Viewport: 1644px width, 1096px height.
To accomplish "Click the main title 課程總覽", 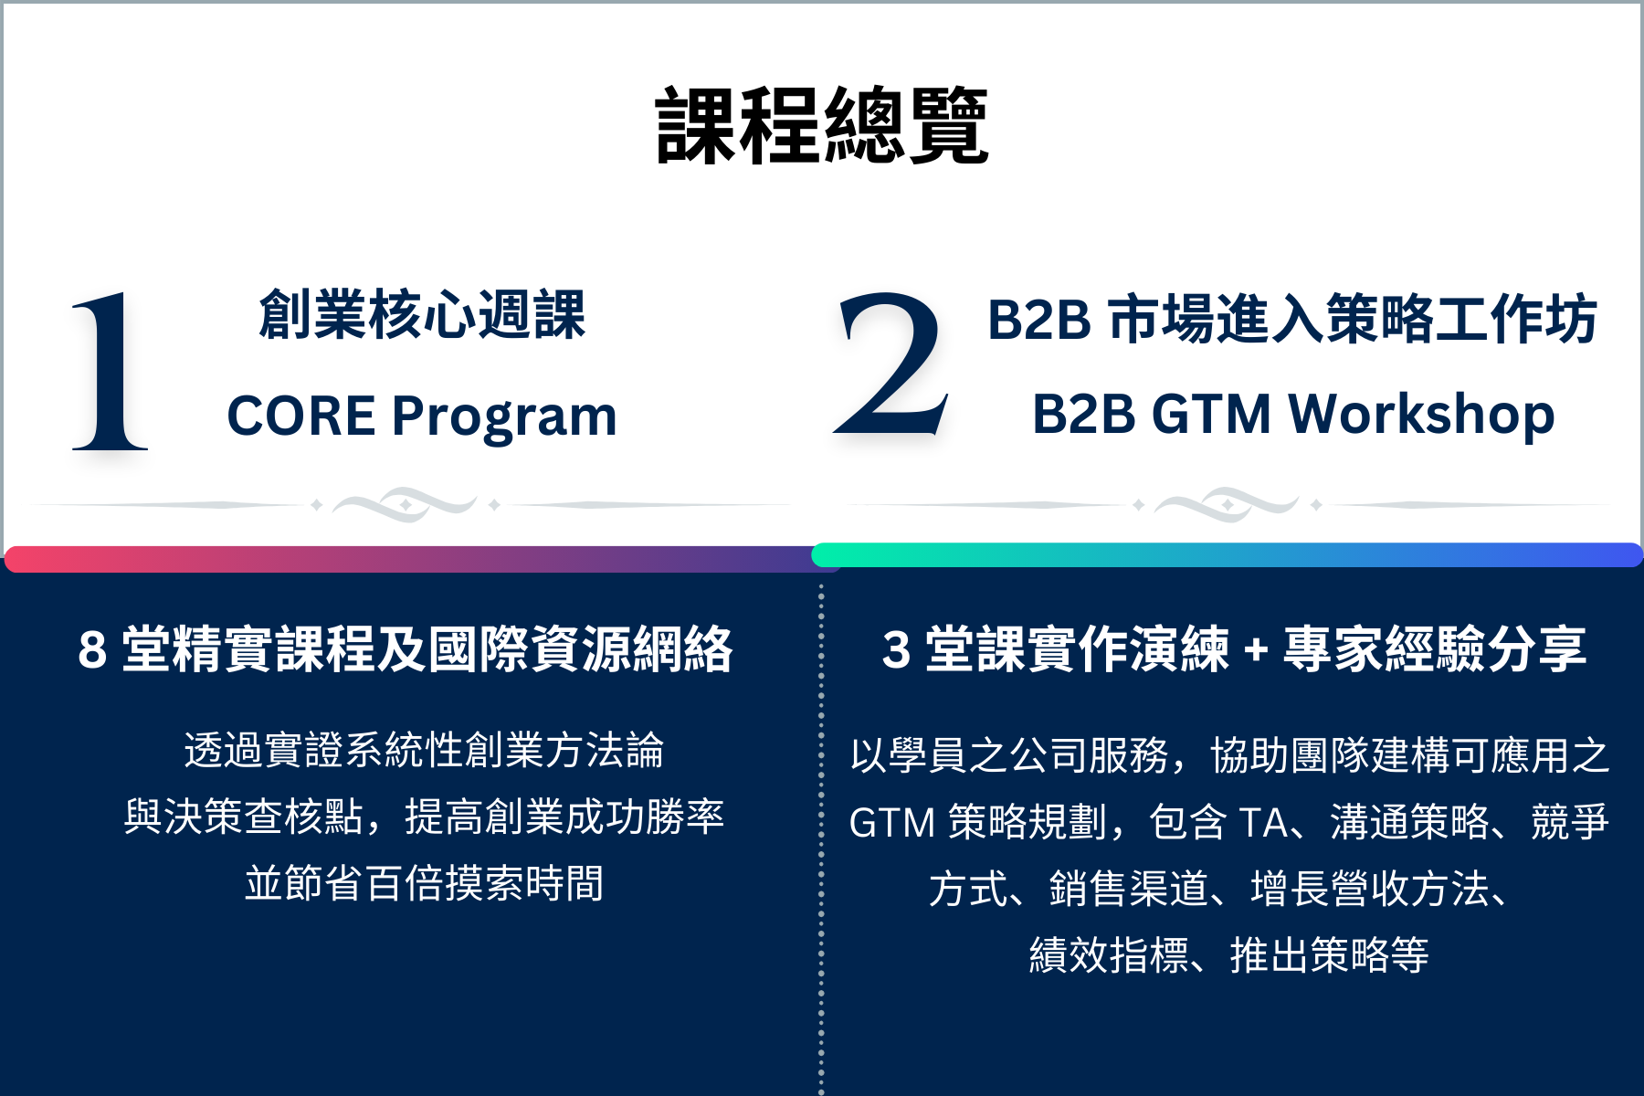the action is point(822,126).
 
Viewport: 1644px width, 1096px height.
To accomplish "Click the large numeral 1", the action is point(110,372).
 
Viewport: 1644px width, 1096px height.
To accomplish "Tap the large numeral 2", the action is point(891,364).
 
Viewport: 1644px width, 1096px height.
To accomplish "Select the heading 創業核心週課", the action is point(422,315).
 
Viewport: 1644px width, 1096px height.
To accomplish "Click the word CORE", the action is point(301,416).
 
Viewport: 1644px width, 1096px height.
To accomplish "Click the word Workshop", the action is point(1421,415).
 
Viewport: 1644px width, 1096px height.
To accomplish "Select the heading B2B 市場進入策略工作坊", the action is point(1292,319).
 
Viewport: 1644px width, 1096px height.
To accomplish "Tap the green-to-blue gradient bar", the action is point(1228,554).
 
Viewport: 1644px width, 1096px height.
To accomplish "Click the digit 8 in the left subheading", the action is point(92,650).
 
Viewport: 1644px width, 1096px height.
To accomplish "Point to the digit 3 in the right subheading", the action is point(896,650).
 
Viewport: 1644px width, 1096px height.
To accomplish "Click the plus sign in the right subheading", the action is point(1256,650).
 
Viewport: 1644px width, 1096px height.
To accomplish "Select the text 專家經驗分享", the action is point(1435,649).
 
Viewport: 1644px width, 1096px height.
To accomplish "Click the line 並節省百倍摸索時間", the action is point(425,883).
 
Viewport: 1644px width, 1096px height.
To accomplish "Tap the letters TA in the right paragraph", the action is point(1263,822).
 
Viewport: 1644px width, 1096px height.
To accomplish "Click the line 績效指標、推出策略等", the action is point(1229,955).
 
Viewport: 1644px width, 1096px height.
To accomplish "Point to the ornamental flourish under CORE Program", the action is point(405,504).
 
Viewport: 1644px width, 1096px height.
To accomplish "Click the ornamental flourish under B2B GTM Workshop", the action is point(1227,504).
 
